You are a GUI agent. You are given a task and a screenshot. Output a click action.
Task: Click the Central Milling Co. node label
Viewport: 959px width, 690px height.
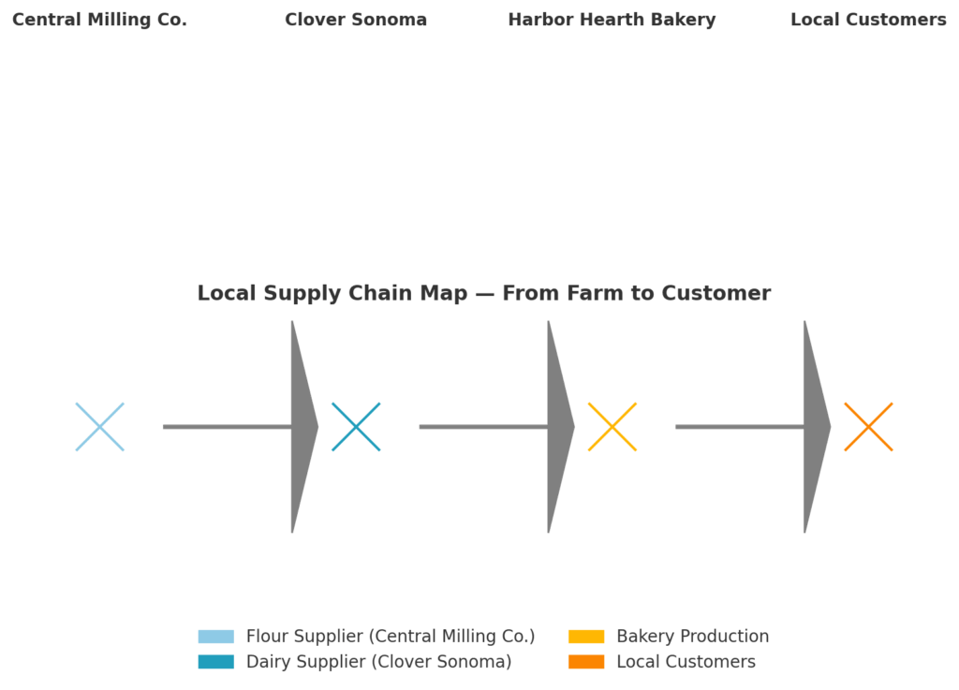pos(99,20)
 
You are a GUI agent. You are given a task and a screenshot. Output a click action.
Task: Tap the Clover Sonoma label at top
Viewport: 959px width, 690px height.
pos(356,20)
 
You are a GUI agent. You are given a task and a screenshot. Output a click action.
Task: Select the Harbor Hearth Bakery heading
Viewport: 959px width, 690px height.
pos(612,20)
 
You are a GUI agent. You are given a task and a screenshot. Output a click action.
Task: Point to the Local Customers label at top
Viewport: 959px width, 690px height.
pos(868,20)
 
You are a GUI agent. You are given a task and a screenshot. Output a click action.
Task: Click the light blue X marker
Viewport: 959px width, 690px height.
pos(99,427)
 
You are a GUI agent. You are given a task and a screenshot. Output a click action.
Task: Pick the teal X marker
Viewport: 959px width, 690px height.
pos(356,427)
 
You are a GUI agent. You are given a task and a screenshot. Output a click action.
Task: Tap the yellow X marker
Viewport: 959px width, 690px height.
pos(612,427)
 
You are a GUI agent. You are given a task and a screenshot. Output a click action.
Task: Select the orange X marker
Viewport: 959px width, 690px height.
pos(868,427)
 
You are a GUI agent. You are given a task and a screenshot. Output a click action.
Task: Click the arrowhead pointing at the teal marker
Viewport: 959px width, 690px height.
pos(302,427)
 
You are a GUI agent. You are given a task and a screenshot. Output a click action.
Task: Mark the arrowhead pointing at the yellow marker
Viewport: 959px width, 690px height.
pos(558,427)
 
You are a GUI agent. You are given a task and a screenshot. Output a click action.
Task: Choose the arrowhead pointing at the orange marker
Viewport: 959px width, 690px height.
pos(815,427)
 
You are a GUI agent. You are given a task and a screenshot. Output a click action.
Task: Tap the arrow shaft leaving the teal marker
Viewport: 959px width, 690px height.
pos(483,427)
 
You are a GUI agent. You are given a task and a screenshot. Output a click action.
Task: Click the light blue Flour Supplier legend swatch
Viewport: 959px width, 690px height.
pos(215,637)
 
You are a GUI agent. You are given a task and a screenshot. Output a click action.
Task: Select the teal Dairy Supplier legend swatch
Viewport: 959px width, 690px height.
pos(215,662)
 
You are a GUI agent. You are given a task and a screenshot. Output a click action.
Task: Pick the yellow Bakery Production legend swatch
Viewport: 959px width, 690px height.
pos(586,637)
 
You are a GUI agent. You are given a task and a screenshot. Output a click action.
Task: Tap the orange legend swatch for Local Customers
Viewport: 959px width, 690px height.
pos(586,662)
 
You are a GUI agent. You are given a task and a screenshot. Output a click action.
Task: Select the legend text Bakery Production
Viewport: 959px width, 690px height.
pos(692,637)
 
